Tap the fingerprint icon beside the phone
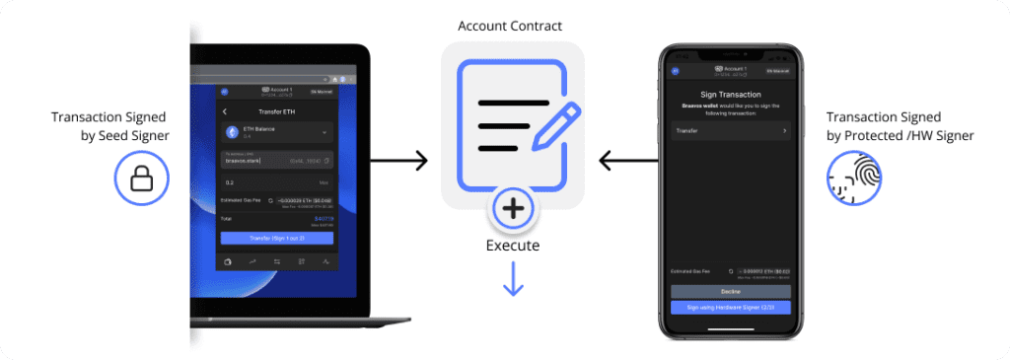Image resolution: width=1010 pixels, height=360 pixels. coord(854,178)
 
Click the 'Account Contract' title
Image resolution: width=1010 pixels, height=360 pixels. coord(511,24)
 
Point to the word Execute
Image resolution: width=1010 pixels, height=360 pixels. coord(512,246)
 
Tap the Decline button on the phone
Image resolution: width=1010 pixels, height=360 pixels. coord(731,292)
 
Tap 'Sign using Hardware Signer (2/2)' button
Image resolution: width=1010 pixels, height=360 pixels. coord(731,308)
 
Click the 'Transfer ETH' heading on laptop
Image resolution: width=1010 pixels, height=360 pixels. coord(276,111)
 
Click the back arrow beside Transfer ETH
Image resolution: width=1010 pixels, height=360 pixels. coord(225,111)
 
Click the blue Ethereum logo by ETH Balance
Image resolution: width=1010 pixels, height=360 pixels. coord(233,132)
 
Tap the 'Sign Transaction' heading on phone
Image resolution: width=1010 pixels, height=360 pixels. coord(731,94)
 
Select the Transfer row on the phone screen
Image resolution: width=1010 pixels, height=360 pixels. coord(731,130)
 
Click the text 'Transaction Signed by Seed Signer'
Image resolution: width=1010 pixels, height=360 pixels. coord(110,126)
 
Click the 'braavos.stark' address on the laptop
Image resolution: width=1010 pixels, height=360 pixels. coord(243,160)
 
